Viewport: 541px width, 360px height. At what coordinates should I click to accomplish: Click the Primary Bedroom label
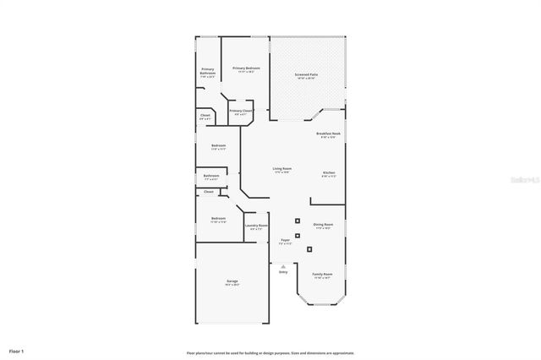(x=246, y=68)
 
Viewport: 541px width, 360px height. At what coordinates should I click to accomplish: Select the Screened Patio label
(x=306, y=74)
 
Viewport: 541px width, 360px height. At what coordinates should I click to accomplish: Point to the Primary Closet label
(x=241, y=111)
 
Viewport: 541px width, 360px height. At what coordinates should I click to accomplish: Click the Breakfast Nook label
(x=328, y=134)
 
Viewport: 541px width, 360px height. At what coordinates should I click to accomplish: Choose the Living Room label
(x=281, y=169)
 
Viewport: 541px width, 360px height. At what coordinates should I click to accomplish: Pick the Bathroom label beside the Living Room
(x=210, y=176)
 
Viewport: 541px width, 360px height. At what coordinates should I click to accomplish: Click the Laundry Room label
(x=256, y=226)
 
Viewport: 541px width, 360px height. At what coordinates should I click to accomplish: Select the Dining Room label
(x=324, y=225)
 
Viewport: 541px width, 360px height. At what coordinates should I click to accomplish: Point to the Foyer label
(x=286, y=241)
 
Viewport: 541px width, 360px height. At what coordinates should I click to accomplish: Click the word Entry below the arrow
(x=283, y=271)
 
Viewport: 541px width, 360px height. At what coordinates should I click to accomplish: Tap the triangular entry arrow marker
(x=283, y=265)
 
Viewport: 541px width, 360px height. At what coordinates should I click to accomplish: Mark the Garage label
(x=232, y=281)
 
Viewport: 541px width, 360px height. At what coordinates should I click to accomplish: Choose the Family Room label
(x=322, y=275)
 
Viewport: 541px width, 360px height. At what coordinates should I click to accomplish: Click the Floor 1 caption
(x=17, y=350)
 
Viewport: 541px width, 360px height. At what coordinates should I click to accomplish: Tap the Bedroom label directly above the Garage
(x=218, y=219)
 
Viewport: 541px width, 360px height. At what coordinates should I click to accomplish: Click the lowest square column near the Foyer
(x=309, y=248)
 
